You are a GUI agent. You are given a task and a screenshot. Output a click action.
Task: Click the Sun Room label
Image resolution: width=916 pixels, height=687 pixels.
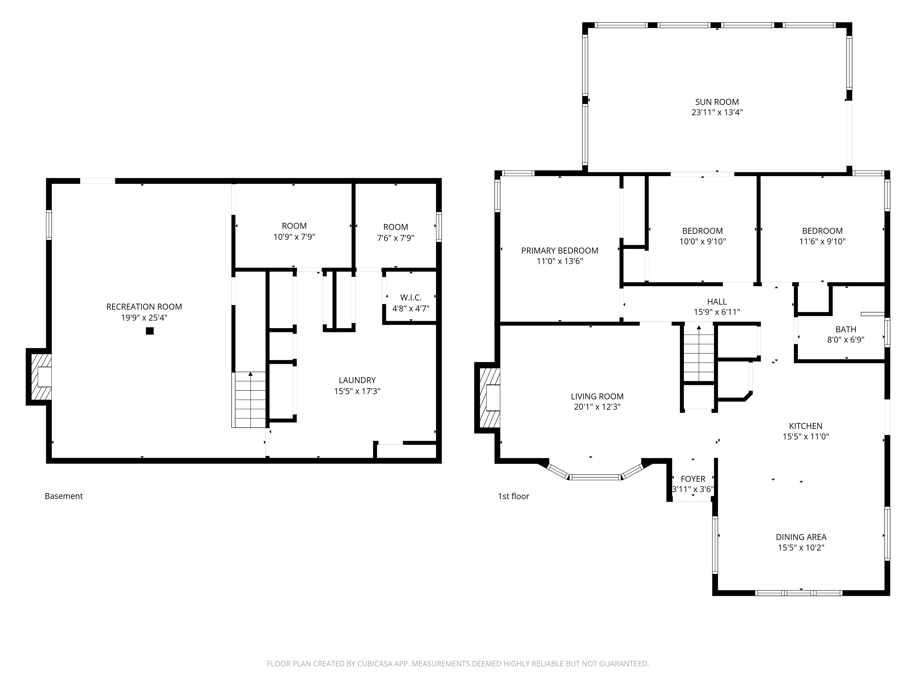tap(717, 102)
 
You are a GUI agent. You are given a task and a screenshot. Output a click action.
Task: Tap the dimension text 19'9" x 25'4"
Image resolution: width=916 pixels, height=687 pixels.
tap(144, 318)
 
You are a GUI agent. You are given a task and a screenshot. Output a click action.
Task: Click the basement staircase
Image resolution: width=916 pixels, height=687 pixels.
tap(249, 400)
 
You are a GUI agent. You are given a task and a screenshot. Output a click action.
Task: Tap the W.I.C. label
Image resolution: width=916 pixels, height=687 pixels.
tap(411, 297)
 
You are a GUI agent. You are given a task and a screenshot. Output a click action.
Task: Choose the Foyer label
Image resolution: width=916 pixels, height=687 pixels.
tap(693, 479)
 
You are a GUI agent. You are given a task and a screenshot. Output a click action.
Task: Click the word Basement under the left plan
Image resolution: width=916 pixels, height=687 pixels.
tap(64, 496)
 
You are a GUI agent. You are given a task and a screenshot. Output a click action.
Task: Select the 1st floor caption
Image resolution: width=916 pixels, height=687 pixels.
tap(513, 496)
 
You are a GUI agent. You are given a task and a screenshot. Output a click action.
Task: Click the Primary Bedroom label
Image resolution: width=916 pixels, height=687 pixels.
tap(559, 251)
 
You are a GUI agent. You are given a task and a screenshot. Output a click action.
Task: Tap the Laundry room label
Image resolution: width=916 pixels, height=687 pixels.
tap(357, 380)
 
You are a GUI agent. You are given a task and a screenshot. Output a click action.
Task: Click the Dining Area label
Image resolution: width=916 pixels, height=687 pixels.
tap(801, 537)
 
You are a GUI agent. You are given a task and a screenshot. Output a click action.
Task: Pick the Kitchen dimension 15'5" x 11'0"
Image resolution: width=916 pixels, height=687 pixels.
tap(805, 436)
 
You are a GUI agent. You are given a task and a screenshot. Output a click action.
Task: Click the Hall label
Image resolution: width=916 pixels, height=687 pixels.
tap(717, 301)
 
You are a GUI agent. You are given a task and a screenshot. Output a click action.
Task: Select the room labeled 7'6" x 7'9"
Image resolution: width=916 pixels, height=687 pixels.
tap(395, 232)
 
